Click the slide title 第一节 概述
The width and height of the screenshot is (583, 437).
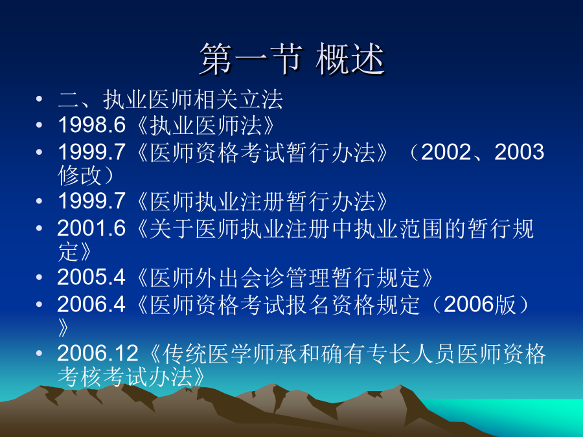(x=292, y=60)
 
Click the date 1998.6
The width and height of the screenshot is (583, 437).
(x=92, y=124)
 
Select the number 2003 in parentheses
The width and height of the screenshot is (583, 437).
(x=519, y=152)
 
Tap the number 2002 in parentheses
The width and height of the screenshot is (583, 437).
(x=446, y=152)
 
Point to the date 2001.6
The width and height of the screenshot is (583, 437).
(x=92, y=228)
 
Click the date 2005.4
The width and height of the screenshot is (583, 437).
(x=91, y=277)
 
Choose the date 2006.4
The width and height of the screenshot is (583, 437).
(x=91, y=304)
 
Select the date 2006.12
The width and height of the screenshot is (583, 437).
(x=98, y=353)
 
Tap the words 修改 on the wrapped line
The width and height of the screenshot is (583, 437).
(x=80, y=175)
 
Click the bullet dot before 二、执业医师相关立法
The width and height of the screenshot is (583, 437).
(x=39, y=99)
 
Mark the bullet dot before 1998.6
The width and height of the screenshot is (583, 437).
(x=39, y=125)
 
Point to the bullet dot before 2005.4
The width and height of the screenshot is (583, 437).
(x=39, y=278)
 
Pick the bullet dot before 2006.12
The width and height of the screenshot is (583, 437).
(x=39, y=353)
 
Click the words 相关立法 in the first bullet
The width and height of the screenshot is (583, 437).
(x=238, y=100)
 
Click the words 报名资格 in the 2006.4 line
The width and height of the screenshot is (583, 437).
(x=308, y=305)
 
